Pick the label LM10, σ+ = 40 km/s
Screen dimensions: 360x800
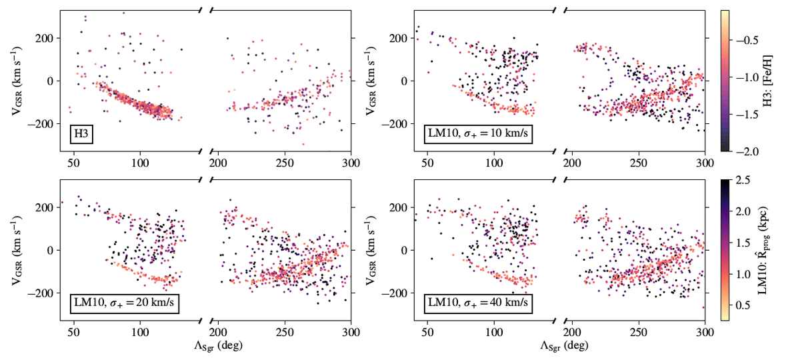(477, 305)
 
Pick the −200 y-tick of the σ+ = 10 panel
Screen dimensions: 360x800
(403, 124)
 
